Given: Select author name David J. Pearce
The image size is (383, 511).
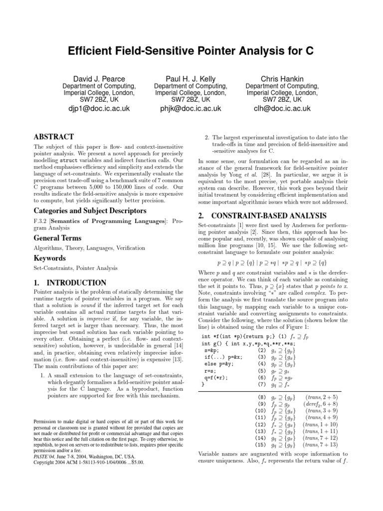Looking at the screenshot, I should coord(99,79).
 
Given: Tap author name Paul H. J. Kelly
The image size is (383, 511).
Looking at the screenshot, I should coord(191,79).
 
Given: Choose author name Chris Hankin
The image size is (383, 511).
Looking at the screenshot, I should coord(282,79).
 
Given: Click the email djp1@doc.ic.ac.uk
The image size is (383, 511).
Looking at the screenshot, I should coord(99,108).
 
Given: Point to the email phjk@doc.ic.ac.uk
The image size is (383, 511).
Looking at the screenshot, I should coord(191,108).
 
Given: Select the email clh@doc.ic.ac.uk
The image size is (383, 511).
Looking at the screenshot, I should coord(282,108).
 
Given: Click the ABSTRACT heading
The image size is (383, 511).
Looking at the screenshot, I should coord(53,136).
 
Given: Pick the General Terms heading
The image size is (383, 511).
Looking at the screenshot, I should coord(57,238).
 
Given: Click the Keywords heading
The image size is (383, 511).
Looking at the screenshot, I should coord(49,258).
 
